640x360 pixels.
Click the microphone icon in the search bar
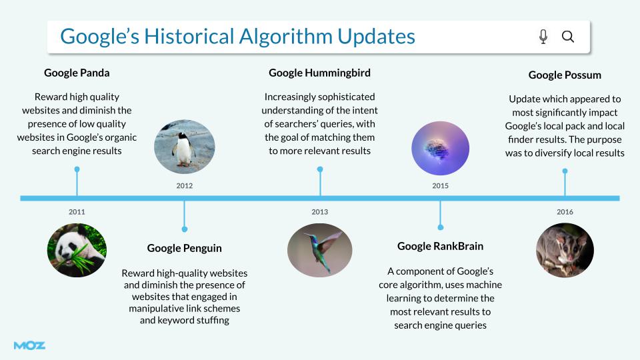(x=543, y=37)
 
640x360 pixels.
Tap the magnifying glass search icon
(x=568, y=37)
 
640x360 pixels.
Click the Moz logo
(x=29, y=345)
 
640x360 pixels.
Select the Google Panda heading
(x=77, y=73)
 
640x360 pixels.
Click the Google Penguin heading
(x=185, y=248)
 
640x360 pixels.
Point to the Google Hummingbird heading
(x=319, y=73)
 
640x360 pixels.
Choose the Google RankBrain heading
(x=440, y=246)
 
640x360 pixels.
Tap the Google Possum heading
(x=565, y=75)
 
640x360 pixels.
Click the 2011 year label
(x=77, y=212)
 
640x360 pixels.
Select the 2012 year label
(x=185, y=186)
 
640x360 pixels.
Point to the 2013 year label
(x=319, y=212)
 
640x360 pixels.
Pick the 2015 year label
(x=440, y=186)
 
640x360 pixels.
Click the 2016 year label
(x=565, y=212)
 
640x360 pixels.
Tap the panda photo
(x=77, y=250)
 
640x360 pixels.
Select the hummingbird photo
(x=319, y=250)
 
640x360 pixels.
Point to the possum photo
(x=565, y=250)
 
